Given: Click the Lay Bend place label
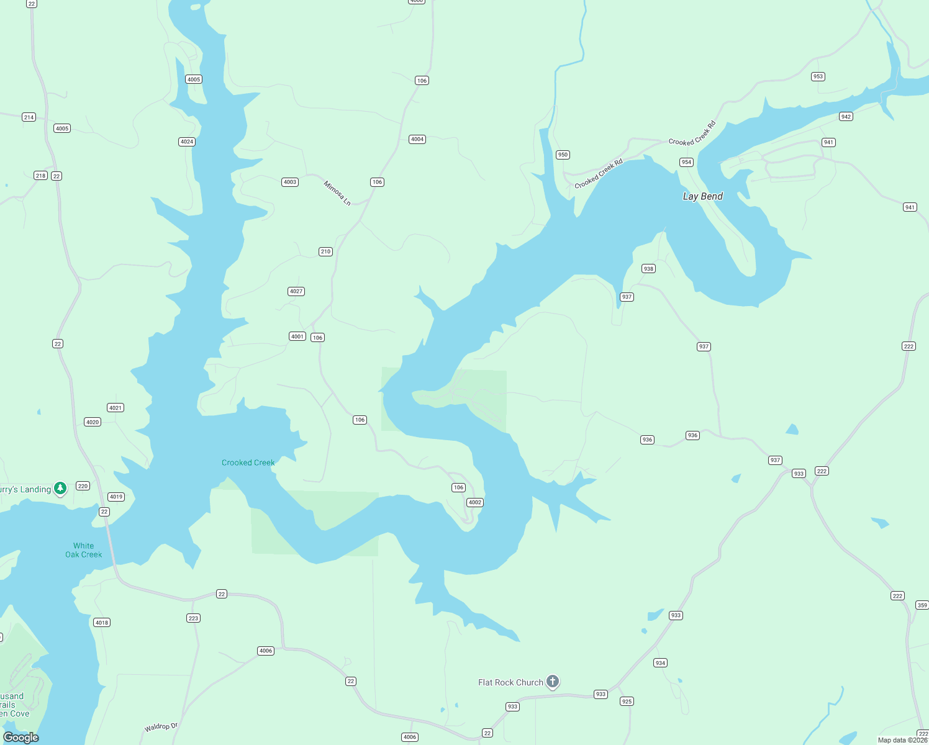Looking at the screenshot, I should coord(702,196).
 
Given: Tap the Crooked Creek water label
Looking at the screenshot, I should coord(248,463).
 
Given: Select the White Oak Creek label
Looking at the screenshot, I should coord(83,550).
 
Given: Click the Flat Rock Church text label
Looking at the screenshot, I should coord(510,682).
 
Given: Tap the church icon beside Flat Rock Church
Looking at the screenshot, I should coord(553,681).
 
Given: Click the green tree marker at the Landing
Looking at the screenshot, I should coord(60,489).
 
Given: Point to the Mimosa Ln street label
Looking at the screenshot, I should coord(337,193).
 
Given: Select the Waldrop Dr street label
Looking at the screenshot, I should coord(161,726).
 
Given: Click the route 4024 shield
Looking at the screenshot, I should coord(187,142).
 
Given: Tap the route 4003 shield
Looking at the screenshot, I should coord(290,182).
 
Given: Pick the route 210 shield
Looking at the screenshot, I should coord(325,251).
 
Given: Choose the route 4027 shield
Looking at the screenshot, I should coord(296,291).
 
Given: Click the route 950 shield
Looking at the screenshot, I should coord(563,155).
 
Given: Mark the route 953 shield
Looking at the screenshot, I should coord(818,76).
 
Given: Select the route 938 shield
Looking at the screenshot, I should coord(648,269).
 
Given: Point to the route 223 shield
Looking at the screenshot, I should coord(193,618).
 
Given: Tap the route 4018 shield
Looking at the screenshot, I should coord(102,622).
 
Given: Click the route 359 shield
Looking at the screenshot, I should coord(922,605).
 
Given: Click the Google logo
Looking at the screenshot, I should coord(21,738).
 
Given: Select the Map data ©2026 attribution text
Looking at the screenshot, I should coord(902,740).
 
